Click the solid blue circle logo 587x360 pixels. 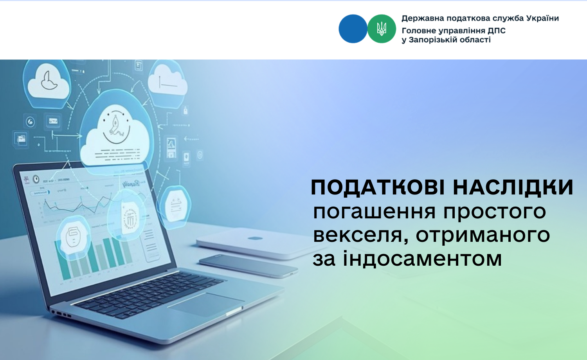coord(353,29)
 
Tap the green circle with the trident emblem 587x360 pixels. coord(382,29)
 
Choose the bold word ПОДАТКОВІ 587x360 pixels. coord(378,187)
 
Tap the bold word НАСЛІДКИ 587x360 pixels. coord(513,187)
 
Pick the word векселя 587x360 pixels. coord(360,235)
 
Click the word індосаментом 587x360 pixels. coord(422,259)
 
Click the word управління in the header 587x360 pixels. coord(462,31)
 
